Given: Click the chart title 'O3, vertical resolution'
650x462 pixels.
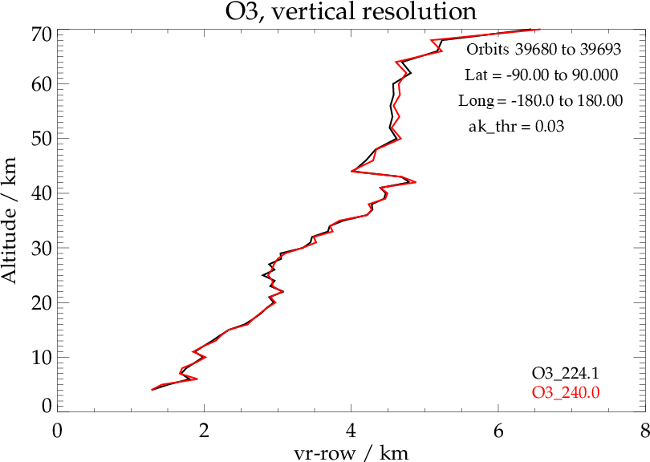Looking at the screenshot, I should pyautogui.click(x=350, y=13).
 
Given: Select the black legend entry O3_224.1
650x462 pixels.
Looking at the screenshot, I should pyautogui.click(x=566, y=373).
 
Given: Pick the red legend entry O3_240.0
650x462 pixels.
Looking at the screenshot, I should pyautogui.click(x=566, y=391).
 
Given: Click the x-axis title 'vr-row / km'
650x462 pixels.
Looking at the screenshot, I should pyautogui.click(x=351, y=453).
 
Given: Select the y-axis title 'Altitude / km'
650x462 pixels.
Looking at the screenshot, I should pyautogui.click(x=11, y=221).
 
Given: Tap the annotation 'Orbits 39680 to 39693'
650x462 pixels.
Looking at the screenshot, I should pyautogui.click(x=544, y=50).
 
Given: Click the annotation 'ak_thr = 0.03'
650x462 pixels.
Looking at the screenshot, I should pyautogui.click(x=517, y=127).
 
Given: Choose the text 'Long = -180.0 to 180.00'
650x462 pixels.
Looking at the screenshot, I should pyautogui.click(x=541, y=101).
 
